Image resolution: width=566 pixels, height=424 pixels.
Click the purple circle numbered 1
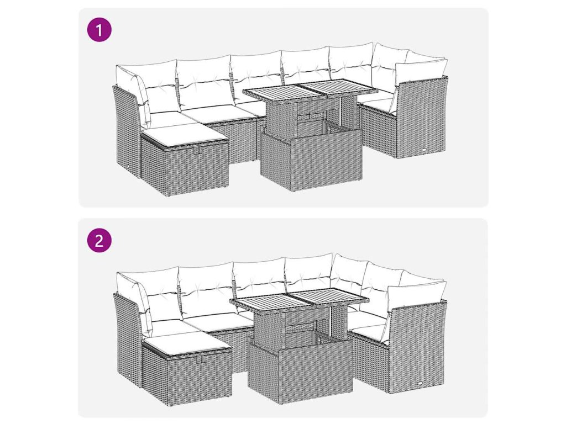[99, 30]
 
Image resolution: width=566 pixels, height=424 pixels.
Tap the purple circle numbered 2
[99, 240]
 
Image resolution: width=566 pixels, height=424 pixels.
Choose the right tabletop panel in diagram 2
[330, 296]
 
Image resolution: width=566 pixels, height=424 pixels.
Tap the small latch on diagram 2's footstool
[200, 359]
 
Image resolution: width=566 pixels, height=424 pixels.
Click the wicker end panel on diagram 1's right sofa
[422, 119]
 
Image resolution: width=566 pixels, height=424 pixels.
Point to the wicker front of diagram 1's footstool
[197, 169]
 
